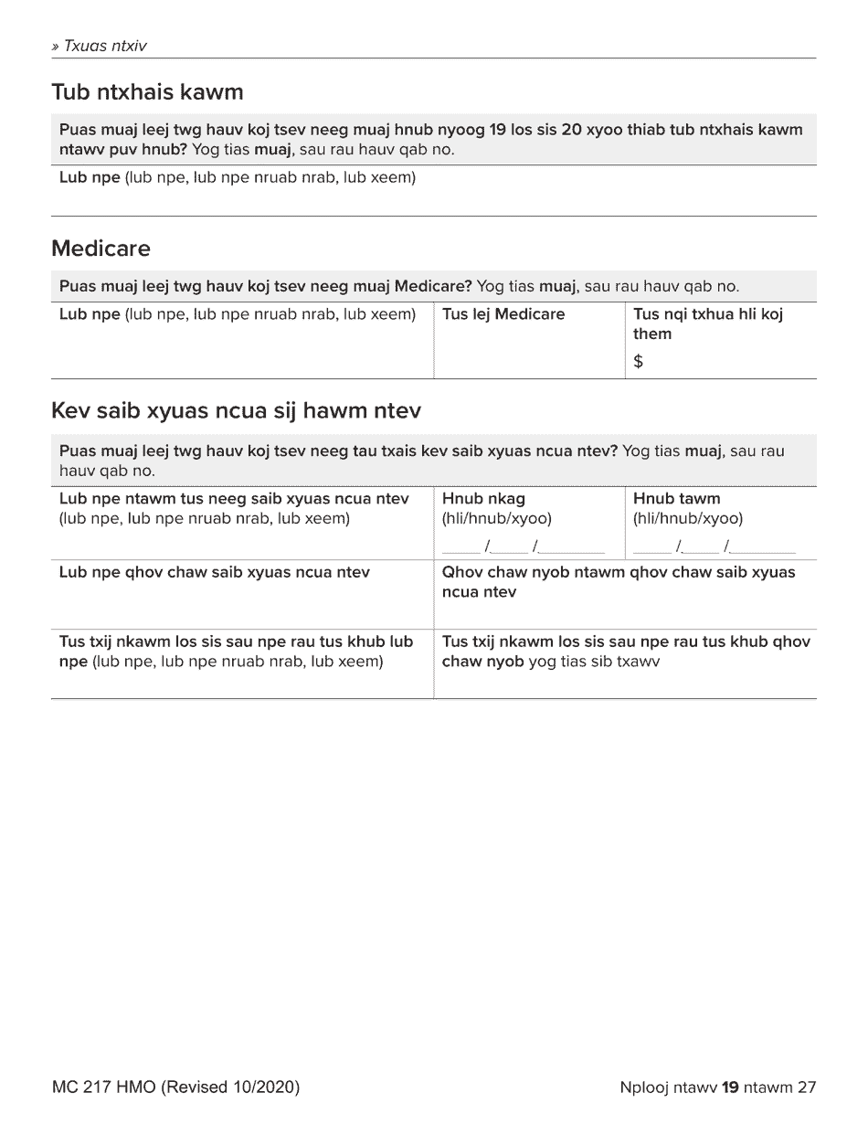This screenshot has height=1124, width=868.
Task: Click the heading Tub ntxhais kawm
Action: point(147,92)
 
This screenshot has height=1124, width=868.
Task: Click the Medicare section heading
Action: point(101,249)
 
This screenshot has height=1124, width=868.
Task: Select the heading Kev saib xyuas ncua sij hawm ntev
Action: point(236,411)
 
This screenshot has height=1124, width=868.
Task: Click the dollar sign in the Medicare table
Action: point(638,362)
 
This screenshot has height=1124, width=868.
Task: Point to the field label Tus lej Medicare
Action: point(503,314)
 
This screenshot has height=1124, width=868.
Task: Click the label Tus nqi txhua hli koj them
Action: point(707,323)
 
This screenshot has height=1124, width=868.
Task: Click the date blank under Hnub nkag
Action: point(523,546)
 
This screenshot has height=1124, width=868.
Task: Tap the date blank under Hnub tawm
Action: point(714,546)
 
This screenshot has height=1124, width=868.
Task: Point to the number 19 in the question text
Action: point(497,130)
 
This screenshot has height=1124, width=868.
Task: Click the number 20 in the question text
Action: point(571,130)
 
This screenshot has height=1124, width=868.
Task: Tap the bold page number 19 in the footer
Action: point(729,1087)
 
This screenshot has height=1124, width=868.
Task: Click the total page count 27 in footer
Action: point(806,1087)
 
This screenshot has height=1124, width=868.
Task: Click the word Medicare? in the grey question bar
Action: point(432,287)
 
